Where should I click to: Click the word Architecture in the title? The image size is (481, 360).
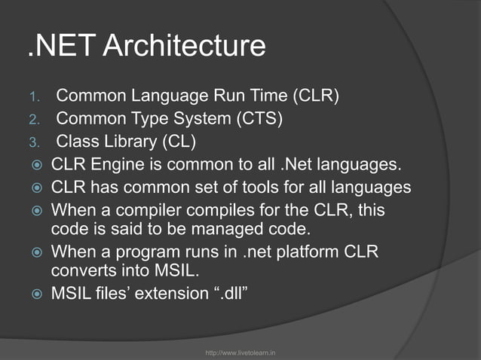point(184,47)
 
